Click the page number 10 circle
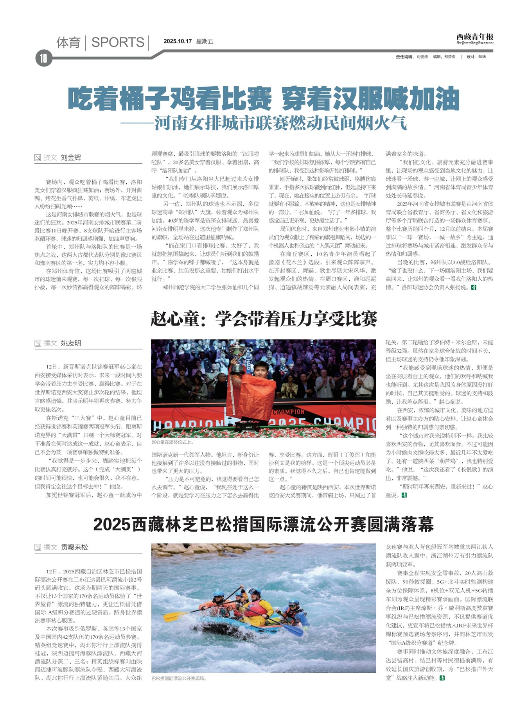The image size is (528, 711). coord(43,58)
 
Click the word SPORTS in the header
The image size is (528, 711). coord(118,42)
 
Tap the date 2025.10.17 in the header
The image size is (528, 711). coord(178,41)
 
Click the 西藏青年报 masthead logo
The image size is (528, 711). coord(474,38)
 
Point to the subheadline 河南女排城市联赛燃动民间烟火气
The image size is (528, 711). coord(280,123)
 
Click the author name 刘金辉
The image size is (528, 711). coord(71,158)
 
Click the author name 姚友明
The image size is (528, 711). coord(71,343)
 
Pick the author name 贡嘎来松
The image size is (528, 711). coord(74,547)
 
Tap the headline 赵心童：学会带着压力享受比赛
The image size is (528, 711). coord(264,319)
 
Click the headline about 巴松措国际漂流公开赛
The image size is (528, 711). coord(263,524)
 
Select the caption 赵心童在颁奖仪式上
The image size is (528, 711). coord(172,442)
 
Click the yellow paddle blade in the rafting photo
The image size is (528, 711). coord(170,617)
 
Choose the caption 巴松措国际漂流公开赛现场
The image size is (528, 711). coord(179,678)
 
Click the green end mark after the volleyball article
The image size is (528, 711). coord(474,287)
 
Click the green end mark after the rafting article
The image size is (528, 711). coord(442,678)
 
